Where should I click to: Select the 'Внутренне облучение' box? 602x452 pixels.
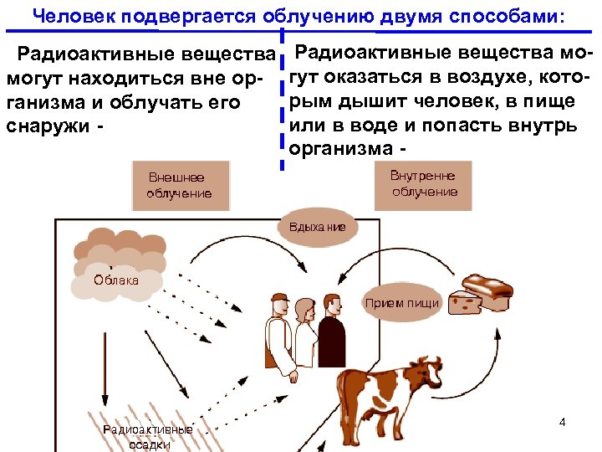tap(425, 184)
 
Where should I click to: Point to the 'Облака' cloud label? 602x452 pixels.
tap(116, 280)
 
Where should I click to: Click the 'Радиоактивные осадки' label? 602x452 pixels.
tap(147, 437)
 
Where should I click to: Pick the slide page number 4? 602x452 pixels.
tap(563, 422)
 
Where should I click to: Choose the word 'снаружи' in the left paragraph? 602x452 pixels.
tap(43, 126)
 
